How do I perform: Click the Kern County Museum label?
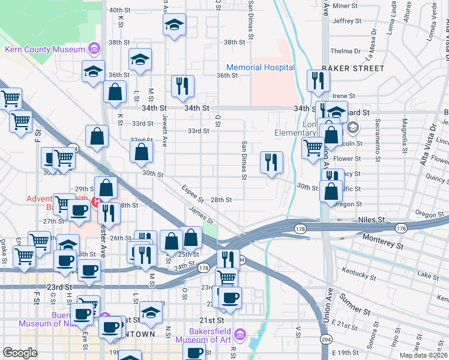tap(44, 49)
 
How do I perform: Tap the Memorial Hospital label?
tap(261, 67)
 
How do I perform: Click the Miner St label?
tap(345, 6)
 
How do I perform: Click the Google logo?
tap(20, 353)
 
